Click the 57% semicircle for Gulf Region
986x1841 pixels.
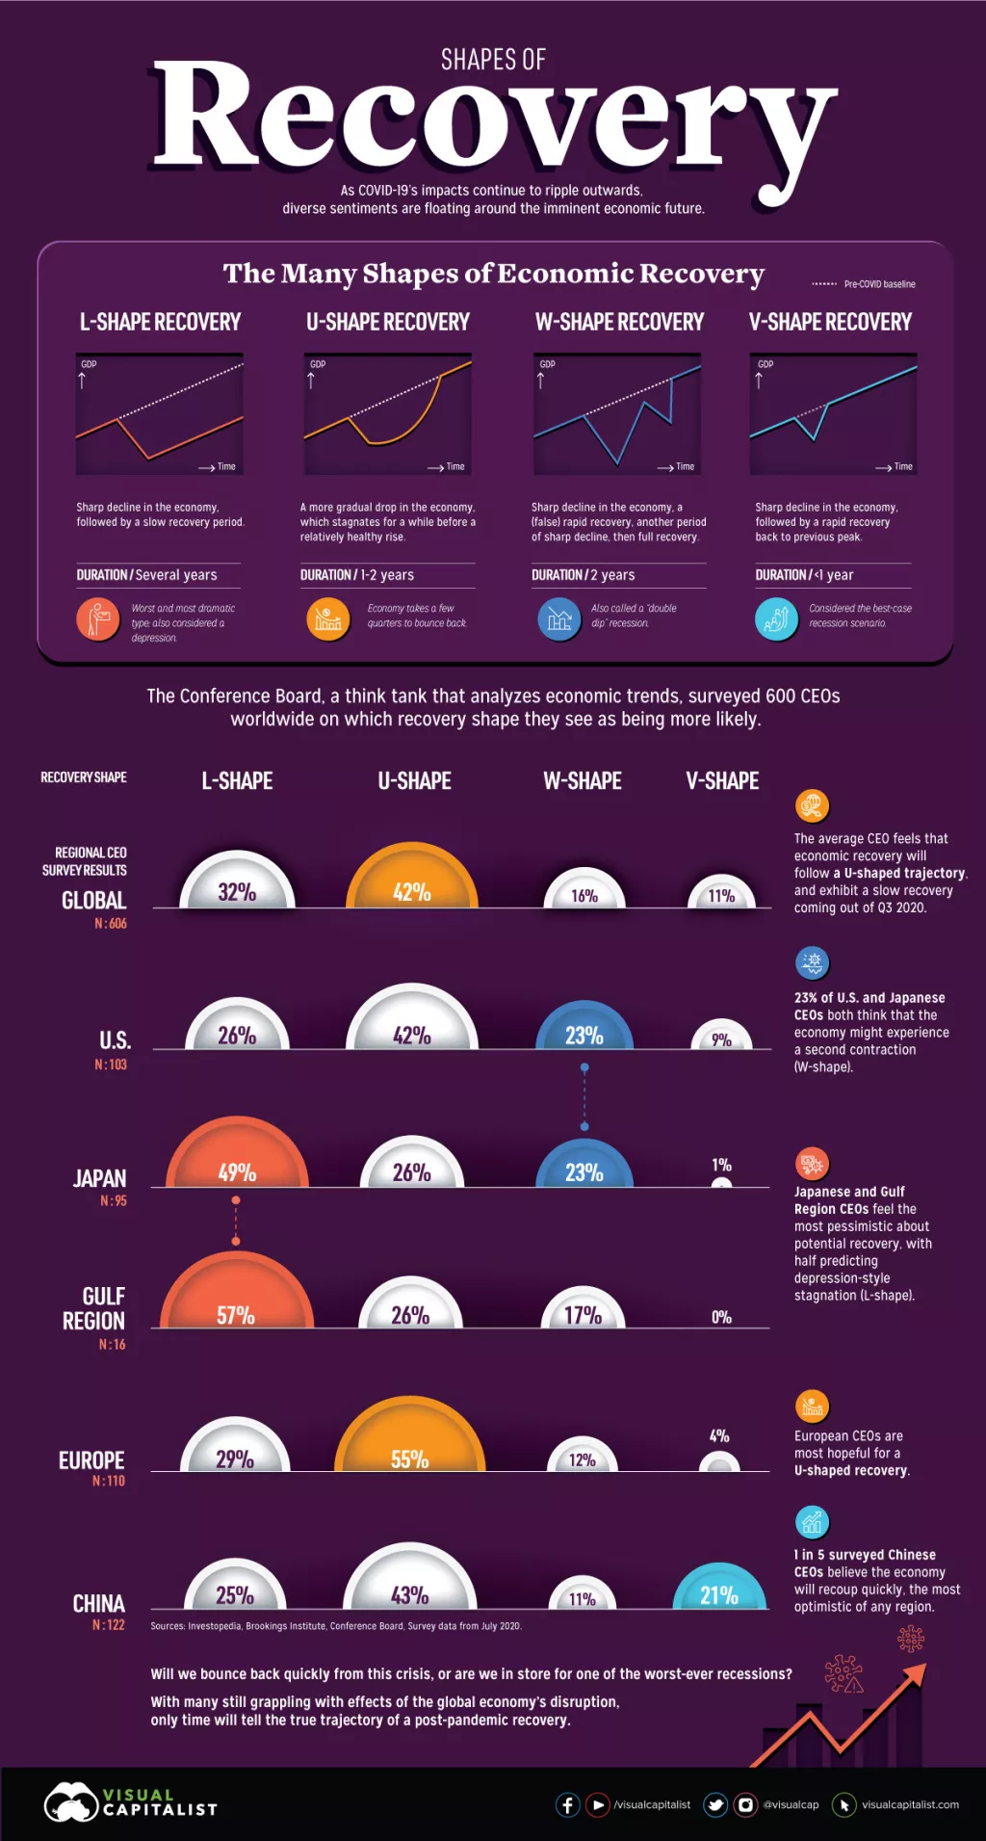[x=236, y=1296]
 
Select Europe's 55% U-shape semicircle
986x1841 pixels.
[x=409, y=1440]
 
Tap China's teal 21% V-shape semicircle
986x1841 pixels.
[x=719, y=1590]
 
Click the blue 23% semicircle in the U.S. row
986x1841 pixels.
[x=584, y=1029]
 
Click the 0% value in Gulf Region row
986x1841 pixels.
[x=721, y=1317]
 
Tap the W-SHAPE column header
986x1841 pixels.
[x=582, y=780]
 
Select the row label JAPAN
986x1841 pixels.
[x=99, y=1178]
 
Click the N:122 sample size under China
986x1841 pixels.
[x=109, y=1624]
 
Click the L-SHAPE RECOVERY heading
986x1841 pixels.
[x=160, y=322]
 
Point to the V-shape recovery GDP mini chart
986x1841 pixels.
[x=833, y=413]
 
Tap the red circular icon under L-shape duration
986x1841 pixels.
[x=97, y=619]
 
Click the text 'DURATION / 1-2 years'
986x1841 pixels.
[x=357, y=575]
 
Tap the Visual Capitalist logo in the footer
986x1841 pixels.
[x=130, y=1802]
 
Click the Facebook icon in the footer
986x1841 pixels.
[x=568, y=1804]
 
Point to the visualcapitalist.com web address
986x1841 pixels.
[x=910, y=1804]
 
